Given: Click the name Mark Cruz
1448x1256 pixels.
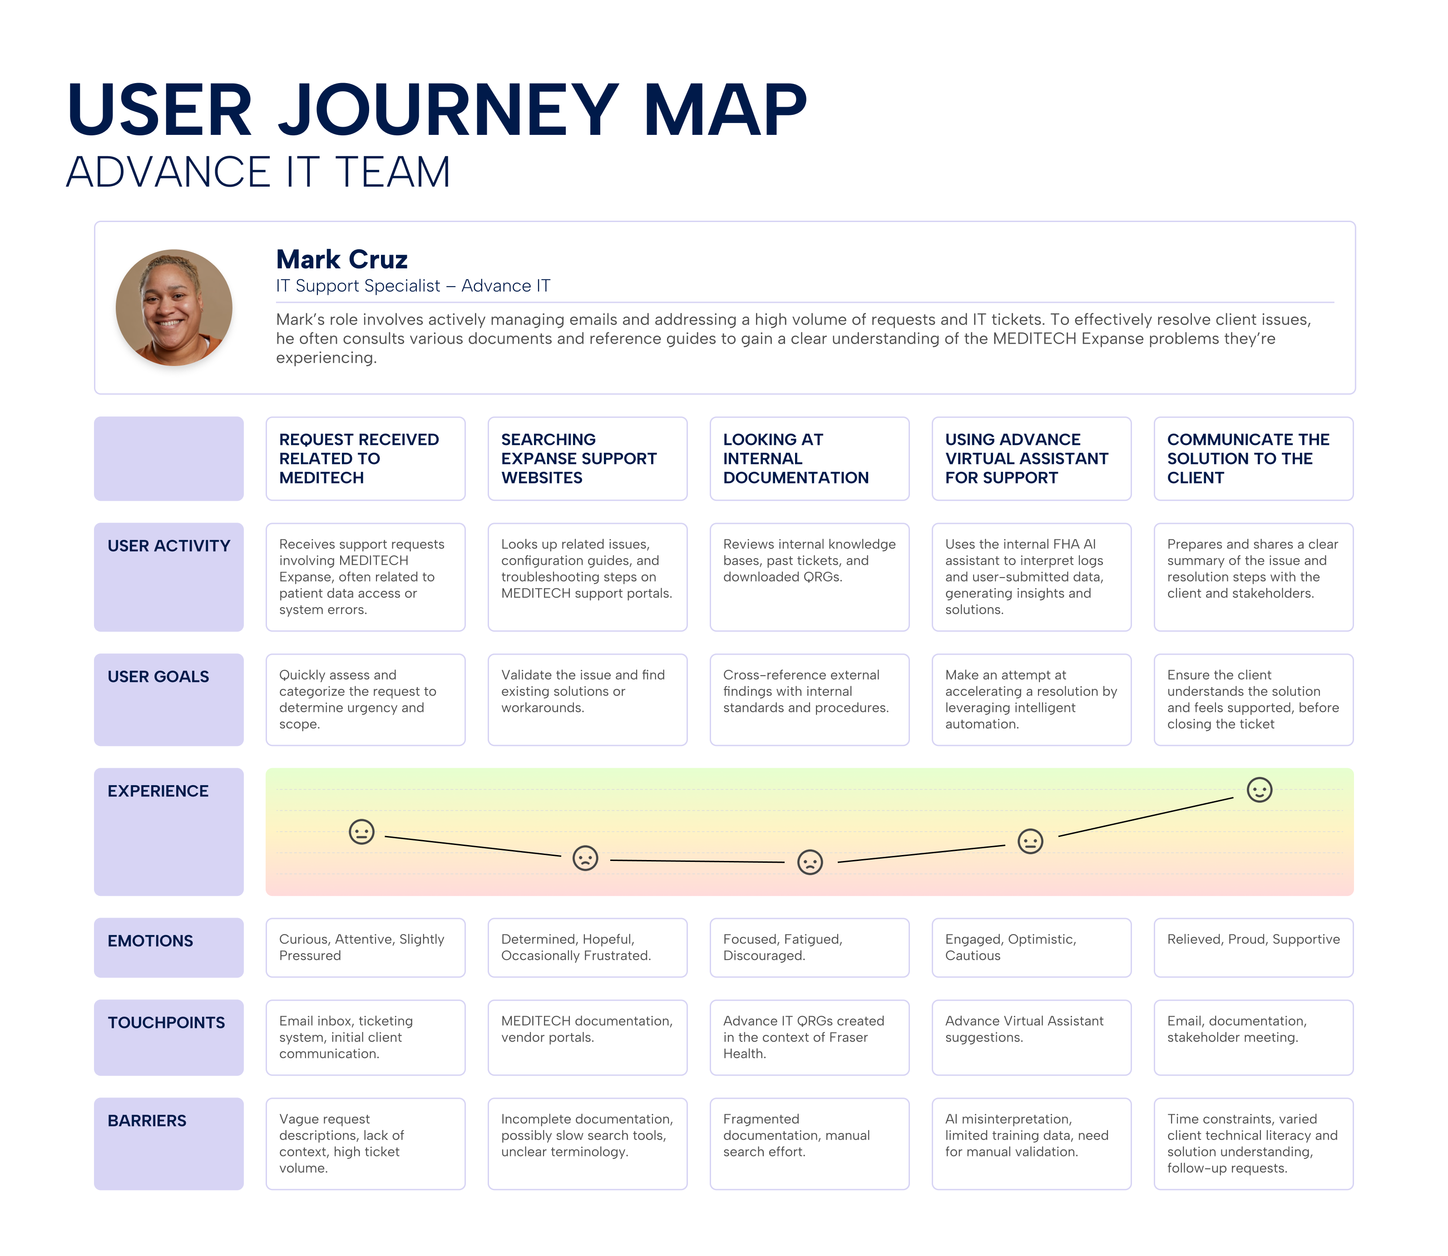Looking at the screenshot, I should [341, 259].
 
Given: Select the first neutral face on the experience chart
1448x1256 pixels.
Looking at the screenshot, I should [361, 832].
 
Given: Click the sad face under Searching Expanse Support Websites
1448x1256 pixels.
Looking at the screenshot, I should [585, 857].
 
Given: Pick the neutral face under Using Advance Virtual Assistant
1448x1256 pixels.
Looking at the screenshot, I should [1029, 841].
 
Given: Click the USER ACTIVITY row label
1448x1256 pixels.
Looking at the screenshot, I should [168, 546].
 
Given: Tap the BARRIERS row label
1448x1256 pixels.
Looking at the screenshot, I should [147, 1121].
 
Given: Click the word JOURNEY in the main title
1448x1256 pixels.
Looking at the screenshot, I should [449, 111].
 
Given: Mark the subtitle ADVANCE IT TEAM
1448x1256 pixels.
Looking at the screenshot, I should [258, 173].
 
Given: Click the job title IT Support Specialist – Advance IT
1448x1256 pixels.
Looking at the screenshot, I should [413, 286].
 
